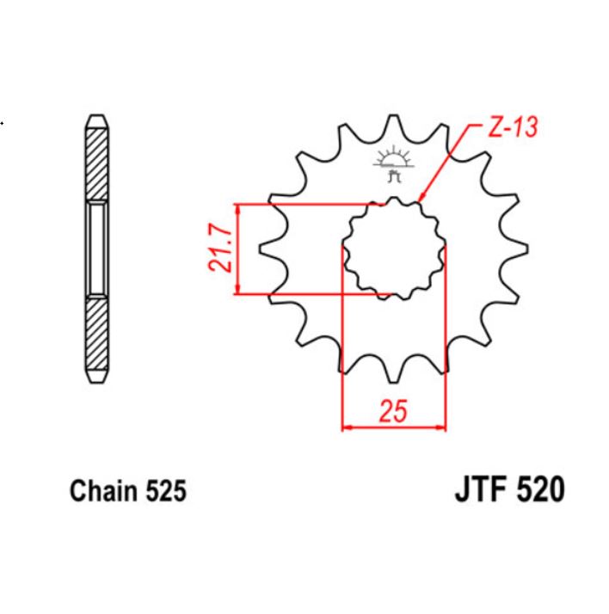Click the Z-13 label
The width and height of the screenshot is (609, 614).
coord(513,129)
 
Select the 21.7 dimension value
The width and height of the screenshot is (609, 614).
coord(220,249)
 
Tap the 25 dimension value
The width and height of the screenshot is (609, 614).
coord(393,412)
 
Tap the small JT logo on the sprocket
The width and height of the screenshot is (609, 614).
coord(394,164)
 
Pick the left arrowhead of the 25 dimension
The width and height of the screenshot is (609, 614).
coord(347,426)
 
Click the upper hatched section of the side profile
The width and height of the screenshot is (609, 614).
coord(95,163)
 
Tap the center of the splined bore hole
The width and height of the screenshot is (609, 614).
coord(394,249)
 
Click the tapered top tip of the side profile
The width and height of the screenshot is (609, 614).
coord(95,119)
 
